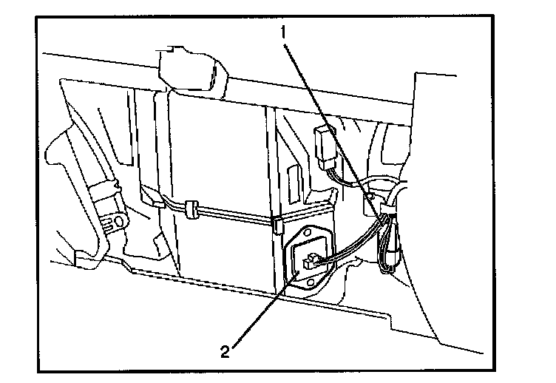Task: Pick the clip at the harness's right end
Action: click(x=279, y=224)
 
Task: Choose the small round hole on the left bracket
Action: click(x=117, y=221)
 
